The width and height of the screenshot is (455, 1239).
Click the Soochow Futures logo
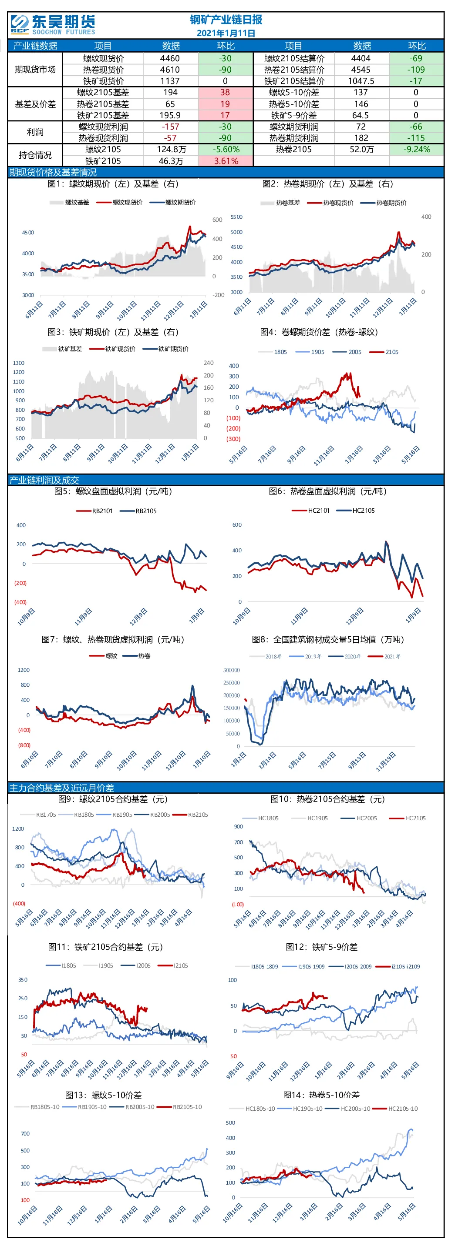(x=53, y=24)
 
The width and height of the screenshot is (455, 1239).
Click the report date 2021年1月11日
(x=226, y=33)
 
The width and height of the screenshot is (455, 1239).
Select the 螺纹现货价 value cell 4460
(x=170, y=58)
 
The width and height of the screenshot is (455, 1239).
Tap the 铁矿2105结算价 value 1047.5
(x=361, y=81)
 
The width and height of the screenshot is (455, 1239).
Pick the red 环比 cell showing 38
(x=226, y=92)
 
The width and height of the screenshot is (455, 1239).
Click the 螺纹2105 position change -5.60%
(x=226, y=150)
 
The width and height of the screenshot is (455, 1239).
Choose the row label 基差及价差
(x=35, y=104)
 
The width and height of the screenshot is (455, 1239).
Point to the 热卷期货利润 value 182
(x=361, y=138)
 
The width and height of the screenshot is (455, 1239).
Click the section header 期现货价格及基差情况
(x=53, y=172)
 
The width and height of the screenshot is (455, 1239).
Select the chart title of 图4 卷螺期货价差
(x=319, y=332)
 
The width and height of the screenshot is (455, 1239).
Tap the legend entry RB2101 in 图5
(x=95, y=511)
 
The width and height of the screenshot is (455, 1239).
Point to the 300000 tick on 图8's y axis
(x=232, y=670)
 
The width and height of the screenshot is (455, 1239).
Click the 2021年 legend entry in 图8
(x=384, y=657)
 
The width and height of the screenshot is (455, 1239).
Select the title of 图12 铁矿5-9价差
(x=322, y=947)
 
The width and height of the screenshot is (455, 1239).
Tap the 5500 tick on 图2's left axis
(x=236, y=217)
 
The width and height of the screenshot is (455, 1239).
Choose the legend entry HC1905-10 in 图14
(x=300, y=1109)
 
